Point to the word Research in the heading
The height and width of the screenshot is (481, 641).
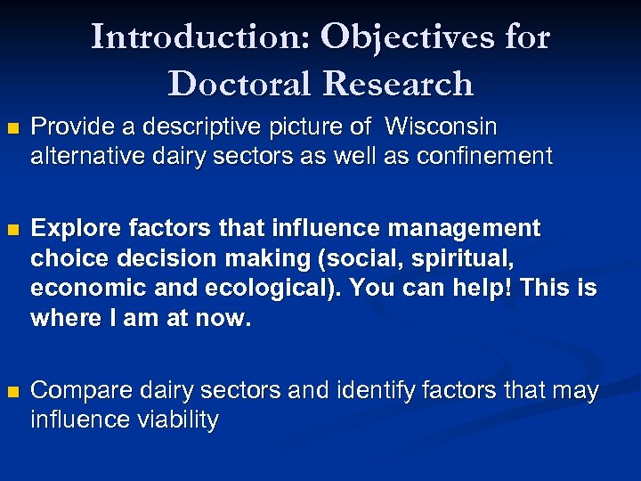[397, 83]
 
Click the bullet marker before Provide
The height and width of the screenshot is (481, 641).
[11, 128]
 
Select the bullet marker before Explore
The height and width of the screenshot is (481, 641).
[11, 230]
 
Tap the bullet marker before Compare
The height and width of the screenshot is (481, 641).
[11, 392]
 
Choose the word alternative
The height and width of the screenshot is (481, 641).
[84, 157]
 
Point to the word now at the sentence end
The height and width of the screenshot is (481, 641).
[227, 319]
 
